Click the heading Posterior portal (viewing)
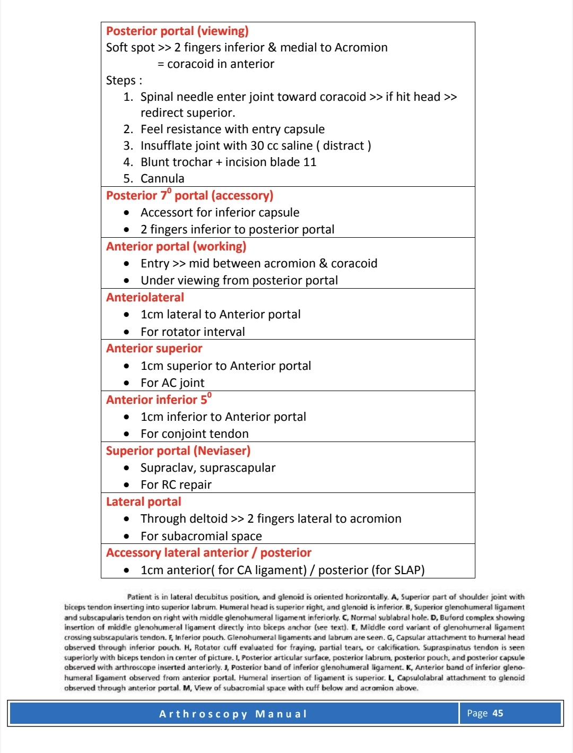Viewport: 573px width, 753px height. point(177,31)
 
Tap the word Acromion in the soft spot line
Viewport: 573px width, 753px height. point(362,48)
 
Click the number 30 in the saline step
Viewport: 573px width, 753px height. point(257,146)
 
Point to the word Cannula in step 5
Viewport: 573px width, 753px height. point(162,179)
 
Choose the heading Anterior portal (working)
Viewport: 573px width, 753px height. point(176,247)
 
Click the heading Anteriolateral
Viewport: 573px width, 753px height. point(145,298)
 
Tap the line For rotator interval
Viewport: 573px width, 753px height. point(193,332)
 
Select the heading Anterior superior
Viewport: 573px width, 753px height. point(154,349)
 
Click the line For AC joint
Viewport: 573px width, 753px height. point(172,383)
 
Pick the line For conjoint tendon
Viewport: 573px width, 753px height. point(194,434)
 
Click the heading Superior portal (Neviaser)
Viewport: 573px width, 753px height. point(178,451)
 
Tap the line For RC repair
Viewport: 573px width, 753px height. point(176,485)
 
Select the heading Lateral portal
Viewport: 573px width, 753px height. point(143,502)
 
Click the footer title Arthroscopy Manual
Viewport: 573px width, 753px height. point(233,714)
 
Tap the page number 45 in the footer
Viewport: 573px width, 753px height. point(498,713)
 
